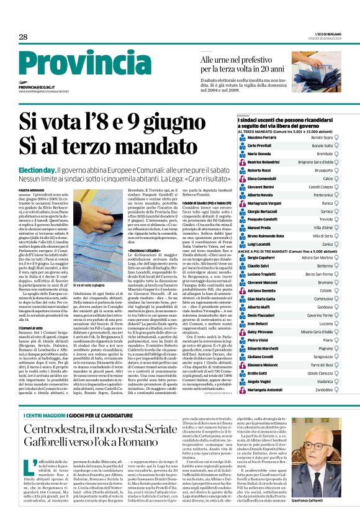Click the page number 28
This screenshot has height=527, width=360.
pyautogui.click(x=23, y=37)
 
